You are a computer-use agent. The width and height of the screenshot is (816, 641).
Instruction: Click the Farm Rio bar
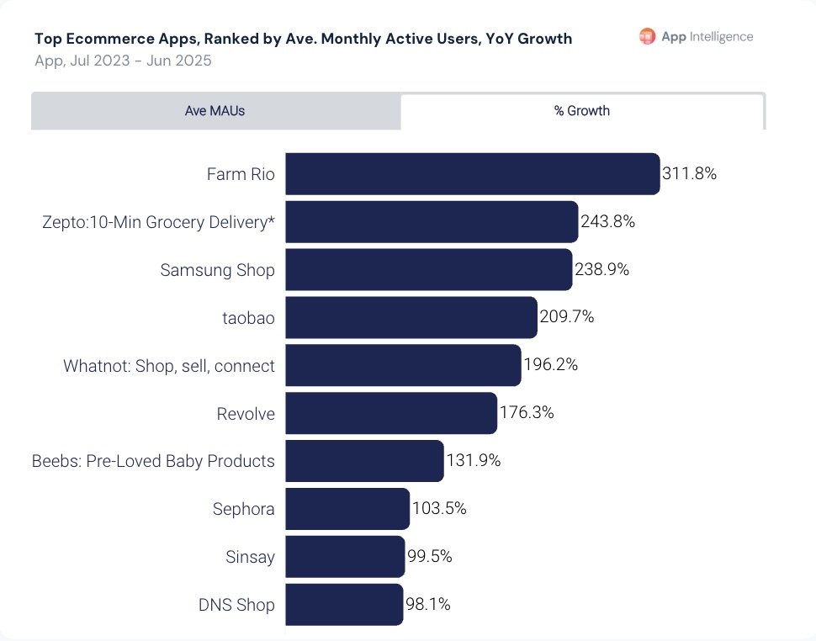471,174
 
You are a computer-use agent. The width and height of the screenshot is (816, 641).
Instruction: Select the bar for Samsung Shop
428,270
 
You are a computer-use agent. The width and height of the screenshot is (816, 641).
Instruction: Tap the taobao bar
411,317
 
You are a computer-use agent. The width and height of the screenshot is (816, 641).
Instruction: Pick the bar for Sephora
347,509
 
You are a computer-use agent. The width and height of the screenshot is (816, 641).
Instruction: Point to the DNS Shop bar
343,605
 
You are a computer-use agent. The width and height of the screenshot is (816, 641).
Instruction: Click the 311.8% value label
689,174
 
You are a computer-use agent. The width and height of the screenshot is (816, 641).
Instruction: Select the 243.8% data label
607,222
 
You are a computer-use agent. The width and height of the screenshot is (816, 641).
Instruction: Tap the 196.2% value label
550,365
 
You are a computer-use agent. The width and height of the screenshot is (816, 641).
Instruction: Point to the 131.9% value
474,461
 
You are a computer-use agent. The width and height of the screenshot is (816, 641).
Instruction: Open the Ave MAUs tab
215,111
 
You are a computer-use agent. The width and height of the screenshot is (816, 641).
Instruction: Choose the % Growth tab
582,111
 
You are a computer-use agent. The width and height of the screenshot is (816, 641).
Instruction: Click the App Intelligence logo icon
647,36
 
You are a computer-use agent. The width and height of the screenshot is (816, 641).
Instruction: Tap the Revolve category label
246,413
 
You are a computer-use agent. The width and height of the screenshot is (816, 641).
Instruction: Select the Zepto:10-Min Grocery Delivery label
158,222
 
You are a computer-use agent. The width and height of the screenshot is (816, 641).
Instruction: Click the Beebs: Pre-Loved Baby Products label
153,461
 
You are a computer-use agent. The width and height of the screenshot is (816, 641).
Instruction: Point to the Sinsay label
250,557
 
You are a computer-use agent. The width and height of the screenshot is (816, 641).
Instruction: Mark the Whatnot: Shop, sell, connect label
169,366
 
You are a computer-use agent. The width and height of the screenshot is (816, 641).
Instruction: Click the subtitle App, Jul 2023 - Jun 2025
123,61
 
